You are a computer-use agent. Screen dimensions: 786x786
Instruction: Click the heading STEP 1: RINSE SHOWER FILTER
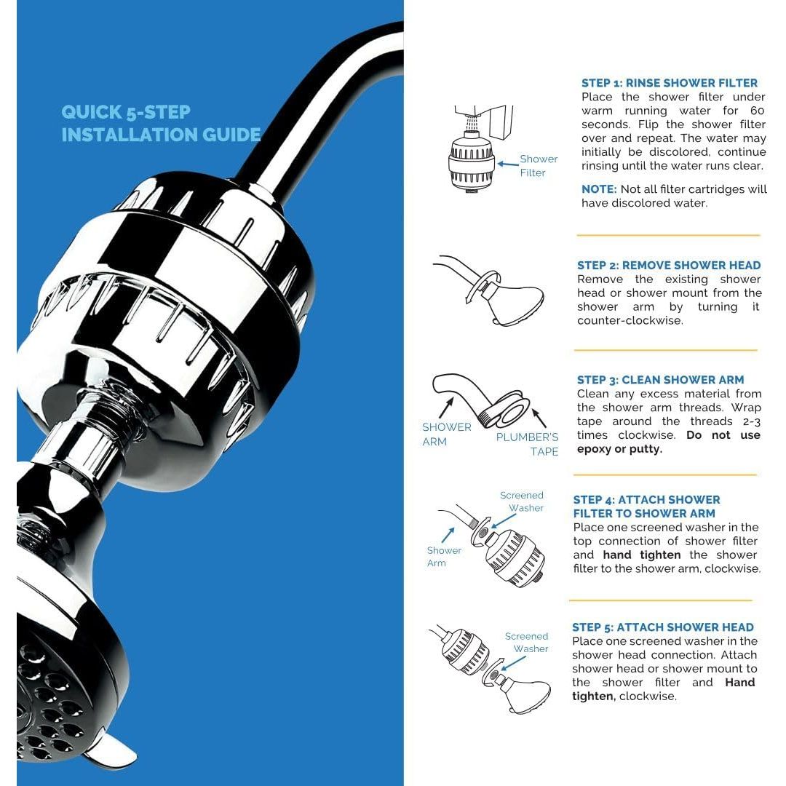(x=669, y=83)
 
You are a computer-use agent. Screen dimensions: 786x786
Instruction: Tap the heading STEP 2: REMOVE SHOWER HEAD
(x=668, y=266)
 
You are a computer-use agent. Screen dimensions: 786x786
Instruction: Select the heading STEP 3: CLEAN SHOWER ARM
(x=660, y=380)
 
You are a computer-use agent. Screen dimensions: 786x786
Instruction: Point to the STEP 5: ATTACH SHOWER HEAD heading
(x=662, y=627)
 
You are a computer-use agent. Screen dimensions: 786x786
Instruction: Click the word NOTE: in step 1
(x=598, y=189)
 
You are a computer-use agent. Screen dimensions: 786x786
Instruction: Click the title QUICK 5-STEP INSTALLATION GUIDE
(x=161, y=123)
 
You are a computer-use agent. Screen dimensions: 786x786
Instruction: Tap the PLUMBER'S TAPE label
(x=527, y=444)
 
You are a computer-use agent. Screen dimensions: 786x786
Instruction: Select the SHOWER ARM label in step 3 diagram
(x=446, y=434)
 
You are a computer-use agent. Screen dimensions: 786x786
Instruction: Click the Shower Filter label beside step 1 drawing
(x=538, y=166)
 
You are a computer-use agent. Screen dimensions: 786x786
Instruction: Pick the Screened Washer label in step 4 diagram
(x=523, y=501)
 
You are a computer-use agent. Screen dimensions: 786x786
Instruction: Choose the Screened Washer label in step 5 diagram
(x=528, y=643)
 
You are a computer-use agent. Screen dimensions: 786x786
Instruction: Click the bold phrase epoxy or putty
(x=619, y=449)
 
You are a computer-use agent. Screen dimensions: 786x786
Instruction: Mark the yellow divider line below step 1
(x=667, y=236)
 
